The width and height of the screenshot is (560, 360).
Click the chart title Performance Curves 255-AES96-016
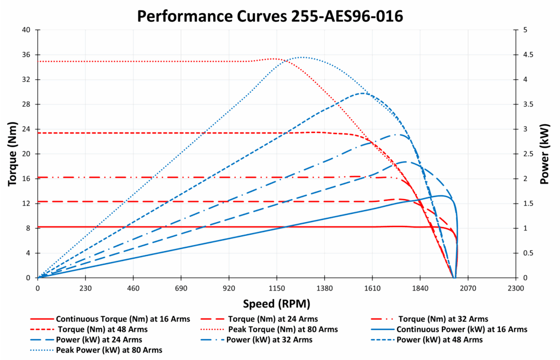coord(270,16)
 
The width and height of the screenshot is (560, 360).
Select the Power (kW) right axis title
coord(545,154)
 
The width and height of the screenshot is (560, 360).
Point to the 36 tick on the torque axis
coord(26,55)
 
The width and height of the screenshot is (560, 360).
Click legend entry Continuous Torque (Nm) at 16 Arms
coord(110,319)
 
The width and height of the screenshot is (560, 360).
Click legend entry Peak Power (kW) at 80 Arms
coord(109,350)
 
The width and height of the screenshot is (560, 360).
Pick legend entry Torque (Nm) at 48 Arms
coord(101,329)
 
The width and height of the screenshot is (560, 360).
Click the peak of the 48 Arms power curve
coord(363,93)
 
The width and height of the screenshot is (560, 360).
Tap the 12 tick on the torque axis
coord(26,204)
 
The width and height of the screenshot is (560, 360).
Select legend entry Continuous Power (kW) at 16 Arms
coord(462,329)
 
